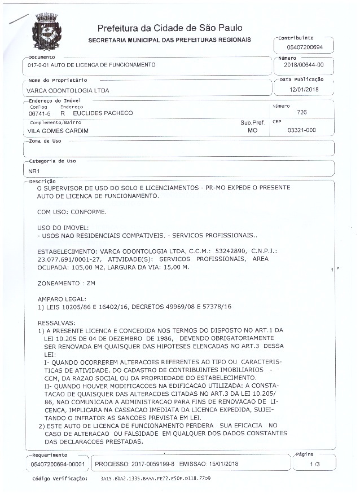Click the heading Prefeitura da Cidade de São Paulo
point(170,28)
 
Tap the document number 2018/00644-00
point(304,65)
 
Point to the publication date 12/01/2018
point(304,89)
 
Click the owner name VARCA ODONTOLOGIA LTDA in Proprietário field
point(68,90)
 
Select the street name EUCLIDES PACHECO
point(99,113)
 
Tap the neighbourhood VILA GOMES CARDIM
point(58,130)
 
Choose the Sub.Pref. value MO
point(252,130)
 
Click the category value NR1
point(34,170)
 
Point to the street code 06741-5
point(39,113)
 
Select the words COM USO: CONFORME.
point(71,212)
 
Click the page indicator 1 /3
point(314,463)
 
